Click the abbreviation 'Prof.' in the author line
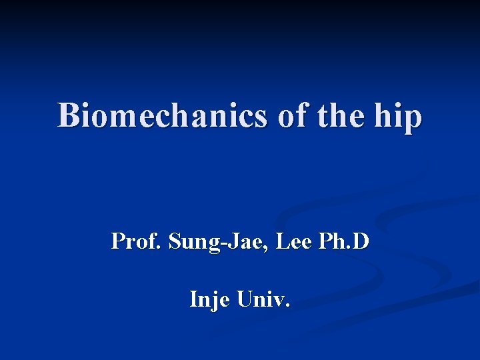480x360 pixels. click(x=137, y=241)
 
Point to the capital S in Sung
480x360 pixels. click(x=175, y=241)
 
